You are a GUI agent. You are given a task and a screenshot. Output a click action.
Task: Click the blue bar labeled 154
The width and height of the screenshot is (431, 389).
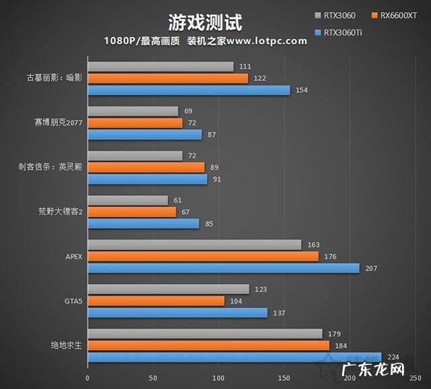point(189,90)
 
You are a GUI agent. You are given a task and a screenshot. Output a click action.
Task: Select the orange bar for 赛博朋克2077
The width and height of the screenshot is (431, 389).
point(135,123)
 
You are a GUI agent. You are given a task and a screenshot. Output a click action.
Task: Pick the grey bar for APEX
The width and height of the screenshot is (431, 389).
point(195,245)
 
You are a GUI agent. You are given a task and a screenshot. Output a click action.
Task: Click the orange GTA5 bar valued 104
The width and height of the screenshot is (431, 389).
point(156,301)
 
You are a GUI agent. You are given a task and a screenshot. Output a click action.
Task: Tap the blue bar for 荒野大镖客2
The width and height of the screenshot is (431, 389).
point(143,223)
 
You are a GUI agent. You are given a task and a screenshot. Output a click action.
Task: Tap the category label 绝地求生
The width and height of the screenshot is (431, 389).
point(66,345)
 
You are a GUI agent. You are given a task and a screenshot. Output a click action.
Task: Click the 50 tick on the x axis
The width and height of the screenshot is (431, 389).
point(153,378)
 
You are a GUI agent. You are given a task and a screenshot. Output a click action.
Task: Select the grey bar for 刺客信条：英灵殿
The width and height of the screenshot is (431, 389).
point(135,155)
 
